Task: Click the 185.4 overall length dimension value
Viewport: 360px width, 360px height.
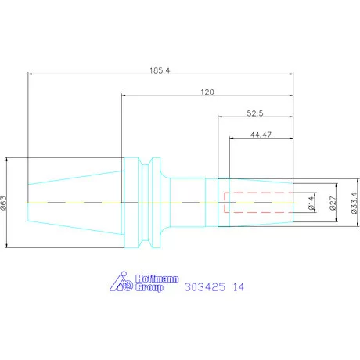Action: point(160,70)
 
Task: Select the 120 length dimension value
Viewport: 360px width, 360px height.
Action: point(207,92)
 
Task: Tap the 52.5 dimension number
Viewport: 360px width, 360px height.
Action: point(255,113)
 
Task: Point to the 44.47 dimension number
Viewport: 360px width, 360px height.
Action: point(261,135)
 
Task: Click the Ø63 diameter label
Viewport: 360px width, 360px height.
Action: point(5,203)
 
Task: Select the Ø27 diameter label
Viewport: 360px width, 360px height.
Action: point(332,203)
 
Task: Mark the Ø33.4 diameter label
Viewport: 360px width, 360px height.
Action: point(353,203)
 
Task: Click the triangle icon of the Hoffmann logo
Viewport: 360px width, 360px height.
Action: point(118,283)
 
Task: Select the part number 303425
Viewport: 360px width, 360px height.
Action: point(204,287)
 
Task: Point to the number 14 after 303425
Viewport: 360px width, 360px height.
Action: point(238,287)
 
